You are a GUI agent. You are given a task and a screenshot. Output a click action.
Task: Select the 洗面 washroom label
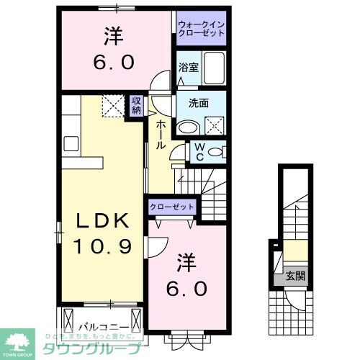[199, 102]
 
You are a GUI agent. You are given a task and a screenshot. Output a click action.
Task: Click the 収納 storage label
[137, 106]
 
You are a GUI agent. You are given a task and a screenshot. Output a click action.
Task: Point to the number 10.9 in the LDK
[101, 246]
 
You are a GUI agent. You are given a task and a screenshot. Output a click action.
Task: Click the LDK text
[101, 219]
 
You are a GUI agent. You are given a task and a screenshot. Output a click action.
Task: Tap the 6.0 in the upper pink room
[112, 61]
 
